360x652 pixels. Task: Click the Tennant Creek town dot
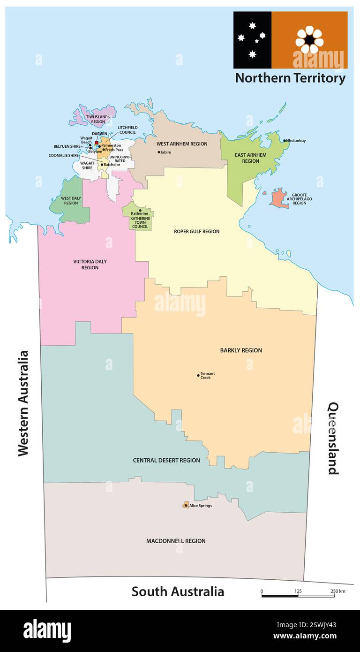coord(198,375)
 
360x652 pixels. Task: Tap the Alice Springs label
coord(201,506)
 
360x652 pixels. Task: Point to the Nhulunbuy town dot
coord(284,140)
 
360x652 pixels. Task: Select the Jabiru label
coord(165,152)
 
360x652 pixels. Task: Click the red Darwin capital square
coord(97,143)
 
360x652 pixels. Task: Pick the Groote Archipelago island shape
coord(279,198)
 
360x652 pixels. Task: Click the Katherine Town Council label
coord(141,222)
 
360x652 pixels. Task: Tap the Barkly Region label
coord(241,350)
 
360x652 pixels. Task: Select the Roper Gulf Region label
coord(196,231)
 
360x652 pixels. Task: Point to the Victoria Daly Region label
coord(90,265)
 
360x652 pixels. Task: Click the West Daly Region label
coord(71,201)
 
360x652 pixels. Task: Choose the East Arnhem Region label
coord(250,158)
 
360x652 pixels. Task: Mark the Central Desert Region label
coord(166,460)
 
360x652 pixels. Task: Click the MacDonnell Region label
coord(176,541)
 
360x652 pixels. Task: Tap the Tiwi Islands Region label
coord(98,119)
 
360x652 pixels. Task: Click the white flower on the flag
coord(309,39)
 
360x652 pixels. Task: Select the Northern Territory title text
coord(290,78)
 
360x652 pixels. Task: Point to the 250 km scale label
coord(338,591)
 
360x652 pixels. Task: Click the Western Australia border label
coord(23,403)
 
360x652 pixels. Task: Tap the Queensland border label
coord(333,438)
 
